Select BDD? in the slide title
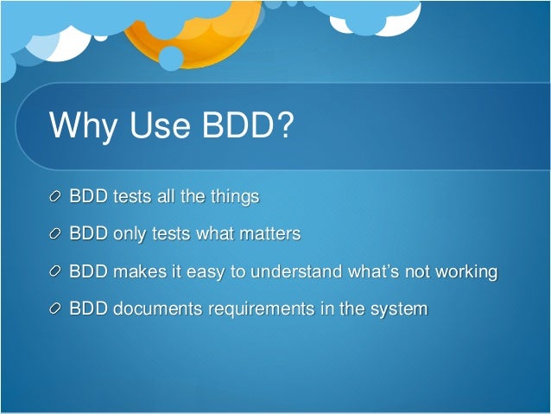pos(250,126)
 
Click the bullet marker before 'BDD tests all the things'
pos(56,198)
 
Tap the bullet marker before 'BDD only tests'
pos(56,235)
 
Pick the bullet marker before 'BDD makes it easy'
pos(56,272)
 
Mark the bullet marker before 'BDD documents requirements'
pos(56,309)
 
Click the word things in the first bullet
pos(234,197)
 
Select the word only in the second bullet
pos(130,234)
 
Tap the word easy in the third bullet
pos(203,272)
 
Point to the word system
pos(398,309)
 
